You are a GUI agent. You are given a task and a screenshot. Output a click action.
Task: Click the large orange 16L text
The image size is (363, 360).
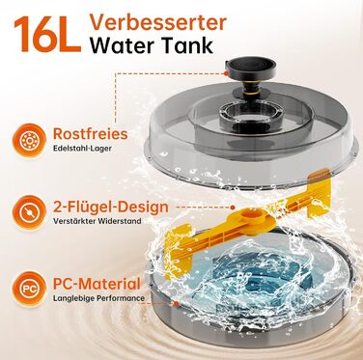[47, 34]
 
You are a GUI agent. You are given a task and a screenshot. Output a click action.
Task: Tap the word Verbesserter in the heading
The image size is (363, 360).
[158, 22]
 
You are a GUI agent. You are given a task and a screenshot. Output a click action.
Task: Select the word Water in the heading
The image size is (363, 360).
[123, 45]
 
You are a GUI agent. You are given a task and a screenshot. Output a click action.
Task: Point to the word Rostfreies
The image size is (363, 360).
[90, 133]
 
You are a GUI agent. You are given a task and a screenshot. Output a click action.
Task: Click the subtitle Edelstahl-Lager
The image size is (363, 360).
[82, 149]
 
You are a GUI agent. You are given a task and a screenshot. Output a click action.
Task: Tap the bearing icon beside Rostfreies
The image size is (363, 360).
[29, 140]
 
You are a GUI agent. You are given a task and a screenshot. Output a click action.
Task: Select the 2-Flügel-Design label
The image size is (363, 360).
[110, 207]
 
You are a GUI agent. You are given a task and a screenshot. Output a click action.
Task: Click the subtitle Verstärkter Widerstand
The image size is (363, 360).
[98, 221]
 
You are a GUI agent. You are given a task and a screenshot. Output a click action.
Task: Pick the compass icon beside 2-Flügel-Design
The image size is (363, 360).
[29, 212]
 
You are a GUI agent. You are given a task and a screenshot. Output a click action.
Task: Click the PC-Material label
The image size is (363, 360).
[97, 284]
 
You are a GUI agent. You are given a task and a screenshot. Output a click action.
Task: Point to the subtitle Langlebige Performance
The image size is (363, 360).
[98, 298]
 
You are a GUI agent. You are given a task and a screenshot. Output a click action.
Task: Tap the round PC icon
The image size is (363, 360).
[29, 289]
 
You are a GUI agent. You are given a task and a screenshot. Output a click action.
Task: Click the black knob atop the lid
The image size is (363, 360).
[251, 67]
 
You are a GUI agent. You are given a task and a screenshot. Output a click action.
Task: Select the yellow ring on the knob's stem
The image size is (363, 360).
[251, 91]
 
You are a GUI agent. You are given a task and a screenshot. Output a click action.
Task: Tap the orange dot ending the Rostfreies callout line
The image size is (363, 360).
[227, 73]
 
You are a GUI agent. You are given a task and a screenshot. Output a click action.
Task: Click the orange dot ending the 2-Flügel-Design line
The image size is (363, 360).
[233, 208]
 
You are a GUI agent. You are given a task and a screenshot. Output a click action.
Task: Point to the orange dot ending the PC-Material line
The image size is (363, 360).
[176, 303]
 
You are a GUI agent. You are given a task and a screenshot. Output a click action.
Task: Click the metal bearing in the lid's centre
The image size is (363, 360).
[241, 112]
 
